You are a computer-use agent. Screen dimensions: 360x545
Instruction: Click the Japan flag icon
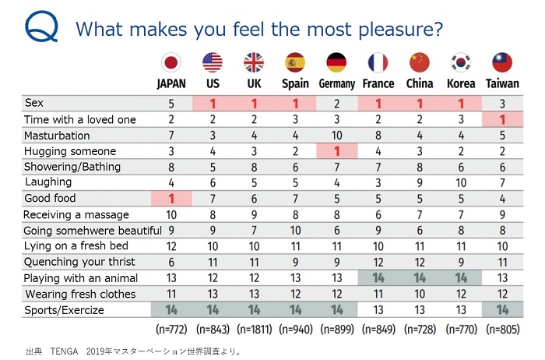171,62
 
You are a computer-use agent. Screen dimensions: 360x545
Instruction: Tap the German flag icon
336,62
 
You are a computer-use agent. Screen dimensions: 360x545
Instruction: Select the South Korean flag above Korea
461,62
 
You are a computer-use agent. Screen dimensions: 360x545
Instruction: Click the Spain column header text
295,83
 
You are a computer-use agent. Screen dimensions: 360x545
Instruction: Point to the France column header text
378,83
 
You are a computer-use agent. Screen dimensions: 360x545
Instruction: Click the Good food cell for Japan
171,199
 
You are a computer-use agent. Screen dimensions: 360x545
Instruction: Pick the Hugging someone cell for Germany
336,151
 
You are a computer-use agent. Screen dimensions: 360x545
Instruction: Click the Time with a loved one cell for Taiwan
502,119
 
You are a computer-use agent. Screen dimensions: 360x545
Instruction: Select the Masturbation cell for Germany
336,136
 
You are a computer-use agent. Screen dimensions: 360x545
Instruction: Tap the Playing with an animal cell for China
420,277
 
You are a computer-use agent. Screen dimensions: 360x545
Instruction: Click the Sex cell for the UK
254,104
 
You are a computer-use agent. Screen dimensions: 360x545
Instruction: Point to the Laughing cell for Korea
461,183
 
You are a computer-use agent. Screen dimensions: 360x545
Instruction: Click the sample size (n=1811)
254,328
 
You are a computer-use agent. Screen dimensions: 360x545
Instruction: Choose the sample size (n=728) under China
420,328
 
